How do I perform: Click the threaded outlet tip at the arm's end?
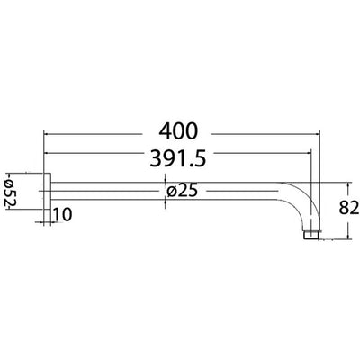312,235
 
